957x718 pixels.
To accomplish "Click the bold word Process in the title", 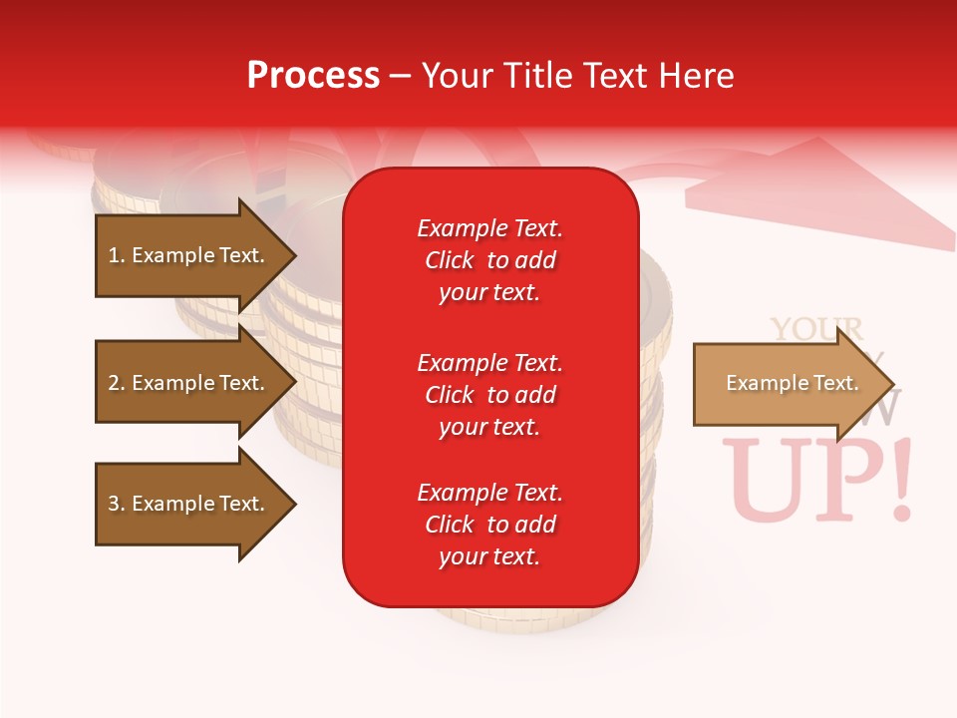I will pos(313,76).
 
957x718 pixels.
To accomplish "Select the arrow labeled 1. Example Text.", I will pos(194,255).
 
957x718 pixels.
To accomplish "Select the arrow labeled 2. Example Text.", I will pos(194,383).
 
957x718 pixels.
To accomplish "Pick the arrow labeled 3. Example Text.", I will pos(194,504).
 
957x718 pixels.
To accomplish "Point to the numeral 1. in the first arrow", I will pos(117,255).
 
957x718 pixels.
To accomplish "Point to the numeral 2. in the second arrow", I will pos(117,383).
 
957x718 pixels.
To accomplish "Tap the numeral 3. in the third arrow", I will pos(117,504).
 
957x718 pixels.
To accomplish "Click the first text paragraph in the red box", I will pos(489,260).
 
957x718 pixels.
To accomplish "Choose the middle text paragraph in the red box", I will pos(489,395).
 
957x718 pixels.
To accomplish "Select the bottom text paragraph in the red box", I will pos(489,525).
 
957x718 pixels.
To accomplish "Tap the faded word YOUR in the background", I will pos(816,330).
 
